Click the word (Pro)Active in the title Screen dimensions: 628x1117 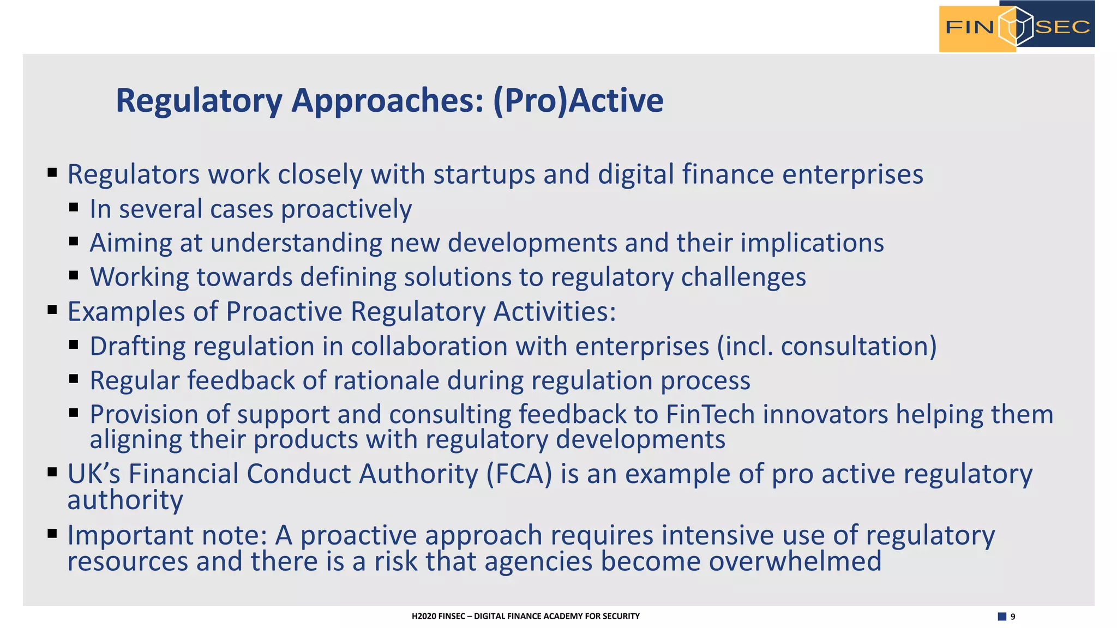point(578,101)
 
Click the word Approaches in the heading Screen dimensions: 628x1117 point(387,101)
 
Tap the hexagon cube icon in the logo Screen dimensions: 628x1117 point(1015,26)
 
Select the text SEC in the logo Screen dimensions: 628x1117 point(1062,27)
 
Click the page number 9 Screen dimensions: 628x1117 point(1013,617)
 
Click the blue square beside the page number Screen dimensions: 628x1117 point(1002,617)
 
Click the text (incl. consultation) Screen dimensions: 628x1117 point(827,346)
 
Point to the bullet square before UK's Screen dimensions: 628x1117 point(52,472)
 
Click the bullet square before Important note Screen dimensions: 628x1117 point(52,533)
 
